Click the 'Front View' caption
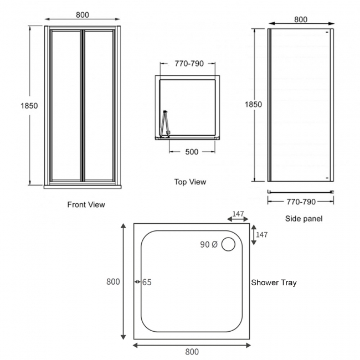click(x=86, y=204)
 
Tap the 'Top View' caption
click(x=190, y=182)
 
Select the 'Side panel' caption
click(x=304, y=218)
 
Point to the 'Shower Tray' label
click(x=274, y=282)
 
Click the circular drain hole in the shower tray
click(x=228, y=244)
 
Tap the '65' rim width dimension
click(x=147, y=282)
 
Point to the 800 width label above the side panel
click(x=301, y=19)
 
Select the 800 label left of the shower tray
click(x=113, y=282)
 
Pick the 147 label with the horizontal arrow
click(x=238, y=213)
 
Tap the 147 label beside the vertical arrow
click(x=261, y=235)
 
